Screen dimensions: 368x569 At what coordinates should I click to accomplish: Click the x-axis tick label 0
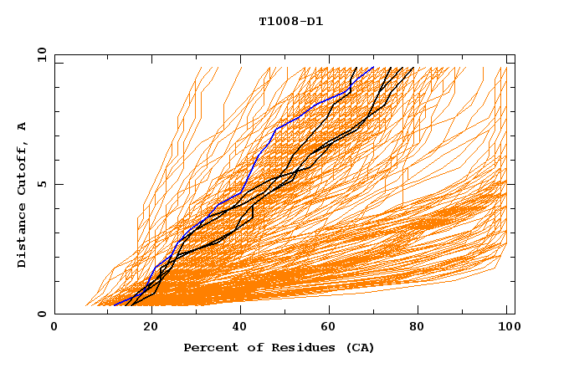point(54,329)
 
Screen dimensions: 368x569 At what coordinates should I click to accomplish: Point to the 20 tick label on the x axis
point(151,329)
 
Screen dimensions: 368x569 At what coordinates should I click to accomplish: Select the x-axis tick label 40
point(242,329)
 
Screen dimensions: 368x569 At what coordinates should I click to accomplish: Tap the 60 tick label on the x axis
point(332,329)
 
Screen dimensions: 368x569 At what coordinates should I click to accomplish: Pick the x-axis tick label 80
point(423,329)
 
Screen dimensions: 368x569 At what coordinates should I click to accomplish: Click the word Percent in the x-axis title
point(208,347)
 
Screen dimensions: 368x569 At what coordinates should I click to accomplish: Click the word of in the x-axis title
point(248,347)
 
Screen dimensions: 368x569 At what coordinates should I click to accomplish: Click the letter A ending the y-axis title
point(23,126)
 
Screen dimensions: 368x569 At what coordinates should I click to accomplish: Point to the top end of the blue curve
point(373,68)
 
